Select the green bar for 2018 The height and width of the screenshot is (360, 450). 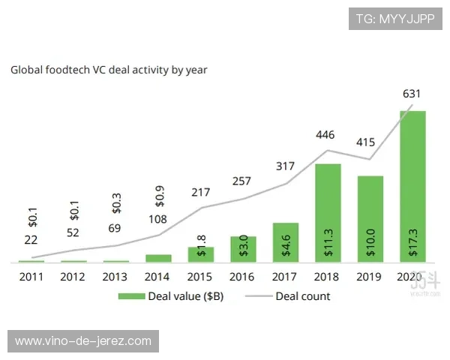coord(328,213)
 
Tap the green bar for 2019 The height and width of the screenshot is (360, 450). coord(370,219)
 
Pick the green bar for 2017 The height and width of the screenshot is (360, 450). coord(286,242)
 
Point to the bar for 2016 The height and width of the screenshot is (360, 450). coord(243,249)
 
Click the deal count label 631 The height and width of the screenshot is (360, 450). coord(412,94)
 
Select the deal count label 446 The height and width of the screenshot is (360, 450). coord(325,135)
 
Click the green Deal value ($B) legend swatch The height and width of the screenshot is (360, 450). coord(131,296)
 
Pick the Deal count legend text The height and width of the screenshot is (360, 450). coord(302,296)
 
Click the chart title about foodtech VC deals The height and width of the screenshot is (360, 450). coord(109,70)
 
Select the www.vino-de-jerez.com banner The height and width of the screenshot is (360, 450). coord(83,341)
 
